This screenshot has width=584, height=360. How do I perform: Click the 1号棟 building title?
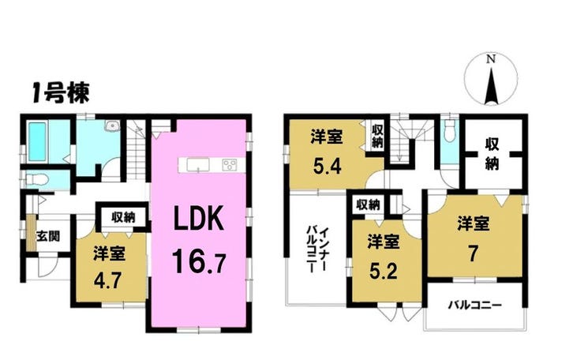point(60,93)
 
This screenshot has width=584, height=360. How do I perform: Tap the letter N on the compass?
point(491,59)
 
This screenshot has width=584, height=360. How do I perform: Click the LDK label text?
point(199,219)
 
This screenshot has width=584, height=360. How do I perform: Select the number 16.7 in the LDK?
point(199,261)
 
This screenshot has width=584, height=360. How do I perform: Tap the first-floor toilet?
point(36,180)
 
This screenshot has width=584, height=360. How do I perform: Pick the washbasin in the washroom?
point(112,126)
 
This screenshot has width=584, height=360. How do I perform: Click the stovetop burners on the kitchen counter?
point(230,165)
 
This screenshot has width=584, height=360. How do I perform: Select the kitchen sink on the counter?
point(198,165)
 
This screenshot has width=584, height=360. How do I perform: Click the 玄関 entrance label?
point(48,236)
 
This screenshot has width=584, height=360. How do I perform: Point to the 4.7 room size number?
point(107,280)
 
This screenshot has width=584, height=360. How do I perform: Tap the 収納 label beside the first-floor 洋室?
point(123,217)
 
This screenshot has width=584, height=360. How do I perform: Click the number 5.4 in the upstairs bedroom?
point(327,167)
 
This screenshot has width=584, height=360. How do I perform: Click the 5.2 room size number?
point(384,272)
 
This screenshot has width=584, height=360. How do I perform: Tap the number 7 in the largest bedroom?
point(473,254)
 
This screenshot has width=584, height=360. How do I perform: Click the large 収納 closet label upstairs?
point(492,154)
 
